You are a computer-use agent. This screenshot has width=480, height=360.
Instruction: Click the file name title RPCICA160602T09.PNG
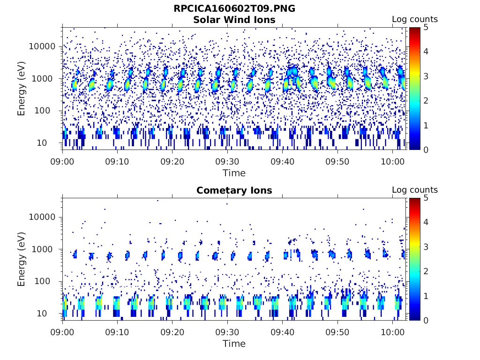[x=234, y=8]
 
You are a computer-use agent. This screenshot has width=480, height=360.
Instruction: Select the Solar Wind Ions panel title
[x=234, y=20]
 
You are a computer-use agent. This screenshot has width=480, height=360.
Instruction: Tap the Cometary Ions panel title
[x=234, y=190]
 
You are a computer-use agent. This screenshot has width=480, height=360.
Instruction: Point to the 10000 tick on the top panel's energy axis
[x=43, y=46]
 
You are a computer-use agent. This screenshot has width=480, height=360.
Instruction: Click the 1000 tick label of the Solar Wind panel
[x=45, y=79]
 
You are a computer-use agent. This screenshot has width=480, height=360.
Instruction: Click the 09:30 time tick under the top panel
[x=227, y=161]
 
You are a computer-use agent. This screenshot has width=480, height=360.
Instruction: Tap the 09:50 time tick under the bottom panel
[x=337, y=331]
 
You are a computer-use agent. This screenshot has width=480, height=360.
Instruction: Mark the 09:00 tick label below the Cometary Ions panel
[x=63, y=331]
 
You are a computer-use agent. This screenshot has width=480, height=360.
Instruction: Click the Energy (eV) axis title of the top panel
[x=22, y=89]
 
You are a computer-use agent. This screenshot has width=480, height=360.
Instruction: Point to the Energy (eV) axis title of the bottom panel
[x=22, y=259]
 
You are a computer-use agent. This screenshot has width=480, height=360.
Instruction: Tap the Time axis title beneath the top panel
[x=234, y=173]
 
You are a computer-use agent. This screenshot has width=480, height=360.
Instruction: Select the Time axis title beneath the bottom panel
[x=234, y=344]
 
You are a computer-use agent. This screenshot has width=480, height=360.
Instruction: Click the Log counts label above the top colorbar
[x=415, y=20]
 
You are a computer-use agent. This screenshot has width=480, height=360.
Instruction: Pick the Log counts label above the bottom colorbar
[x=415, y=190]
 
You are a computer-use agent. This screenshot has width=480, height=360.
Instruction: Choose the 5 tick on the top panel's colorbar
[x=426, y=27]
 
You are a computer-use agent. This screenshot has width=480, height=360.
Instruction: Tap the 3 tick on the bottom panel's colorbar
[x=426, y=247]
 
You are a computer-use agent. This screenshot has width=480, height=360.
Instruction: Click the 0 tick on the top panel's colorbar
[x=426, y=150]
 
